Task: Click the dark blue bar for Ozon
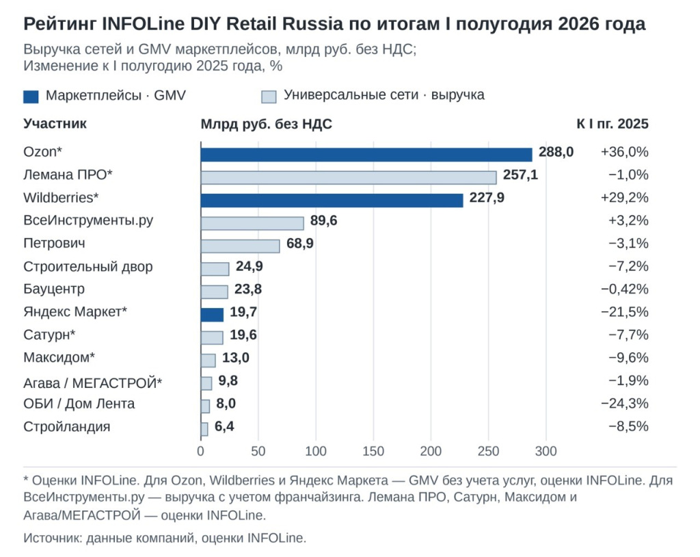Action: [x=366, y=155]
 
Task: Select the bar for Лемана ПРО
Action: [x=349, y=177]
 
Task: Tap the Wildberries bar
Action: [x=332, y=200]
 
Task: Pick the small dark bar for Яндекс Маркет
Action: [x=212, y=315]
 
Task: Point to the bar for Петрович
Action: [x=240, y=246]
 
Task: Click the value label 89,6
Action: [x=323, y=220]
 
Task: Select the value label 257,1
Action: [x=520, y=174]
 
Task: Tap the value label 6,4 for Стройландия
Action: [x=224, y=426]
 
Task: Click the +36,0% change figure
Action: [x=624, y=152]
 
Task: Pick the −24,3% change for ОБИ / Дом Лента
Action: [x=624, y=403]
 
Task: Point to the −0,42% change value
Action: [x=624, y=289]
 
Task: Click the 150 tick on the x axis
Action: [x=373, y=451]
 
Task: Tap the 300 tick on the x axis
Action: [x=546, y=451]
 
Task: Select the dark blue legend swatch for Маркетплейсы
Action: [x=31, y=96]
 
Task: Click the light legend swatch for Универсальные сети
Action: [x=269, y=96]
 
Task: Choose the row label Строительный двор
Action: [x=88, y=266]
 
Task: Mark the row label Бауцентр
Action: [x=53, y=289]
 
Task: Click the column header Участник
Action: [x=55, y=123]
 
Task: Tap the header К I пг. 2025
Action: [x=612, y=124]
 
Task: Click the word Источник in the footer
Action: [x=53, y=538]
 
